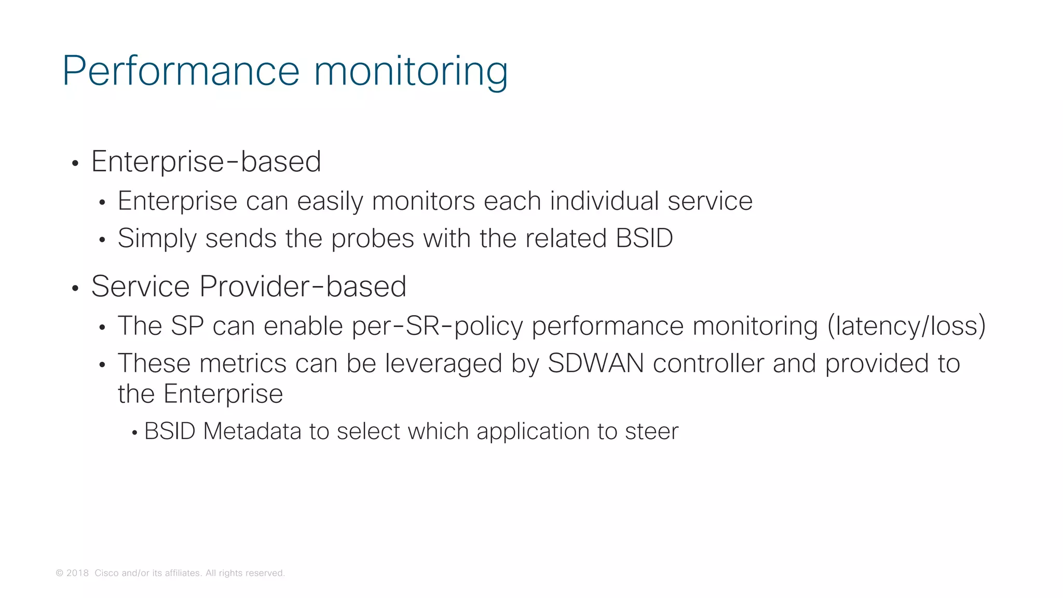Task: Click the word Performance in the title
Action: point(181,71)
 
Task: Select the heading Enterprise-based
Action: point(206,161)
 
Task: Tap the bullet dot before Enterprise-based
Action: point(75,164)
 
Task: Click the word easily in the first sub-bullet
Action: point(330,201)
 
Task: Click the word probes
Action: point(373,239)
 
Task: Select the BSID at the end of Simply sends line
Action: point(644,238)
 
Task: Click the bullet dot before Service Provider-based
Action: point(75,289)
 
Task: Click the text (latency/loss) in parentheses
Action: point(906,326)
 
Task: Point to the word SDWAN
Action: point(596,363)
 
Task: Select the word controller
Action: point(708,363)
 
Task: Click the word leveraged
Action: point(443,363)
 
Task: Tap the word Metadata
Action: point(252,431)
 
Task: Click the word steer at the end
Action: point(651,431)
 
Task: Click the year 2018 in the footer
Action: point(77,573)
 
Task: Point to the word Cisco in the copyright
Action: point(106,573)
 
